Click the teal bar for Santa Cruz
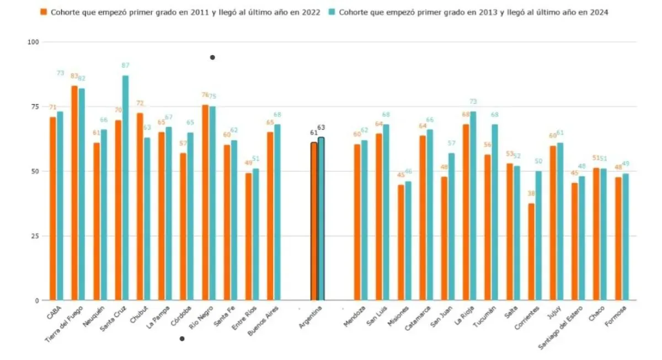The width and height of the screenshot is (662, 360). click(x=125, y=187)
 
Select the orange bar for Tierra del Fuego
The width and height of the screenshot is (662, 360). click(x=74, y=193)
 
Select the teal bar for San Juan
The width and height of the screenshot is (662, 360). click(x=451, y=227)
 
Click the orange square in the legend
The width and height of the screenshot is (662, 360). click(x=43, y=12)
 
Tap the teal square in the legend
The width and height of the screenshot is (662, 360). click(x=332, y=12)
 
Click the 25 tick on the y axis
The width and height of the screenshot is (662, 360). click(x=35, y=236)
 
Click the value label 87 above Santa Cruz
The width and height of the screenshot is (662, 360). click(x=126, y=66)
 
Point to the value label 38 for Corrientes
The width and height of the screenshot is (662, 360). click(x=531, y=194)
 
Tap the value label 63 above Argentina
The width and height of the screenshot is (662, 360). click(x=321, y=127)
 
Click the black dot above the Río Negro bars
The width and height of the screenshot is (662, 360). click(x=212, y=57)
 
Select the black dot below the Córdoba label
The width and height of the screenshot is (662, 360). click(x=182, y=339)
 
